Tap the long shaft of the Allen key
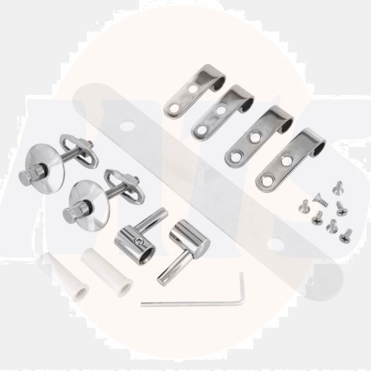(191, 304)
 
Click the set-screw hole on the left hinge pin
(139, 241)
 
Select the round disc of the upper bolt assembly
(46, 161)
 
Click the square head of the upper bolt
(26, 178)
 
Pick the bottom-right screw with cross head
(346, 233)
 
